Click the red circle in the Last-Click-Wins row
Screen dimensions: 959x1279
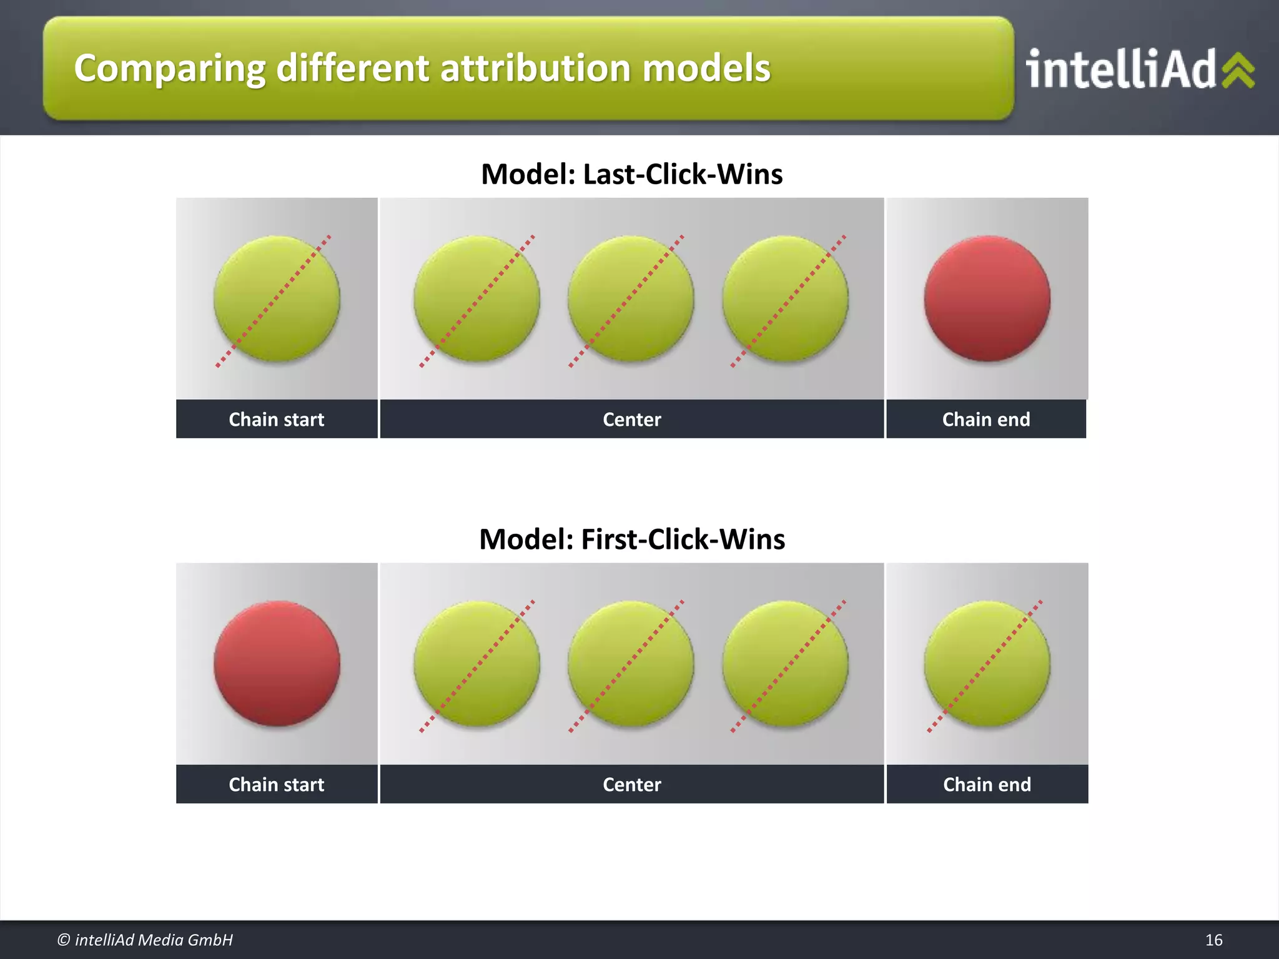[x=987, y=298]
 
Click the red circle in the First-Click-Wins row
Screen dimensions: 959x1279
[x=277, y=663]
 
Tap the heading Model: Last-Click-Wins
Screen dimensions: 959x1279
[x=631, y=174]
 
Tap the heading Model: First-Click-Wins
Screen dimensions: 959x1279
[x=631, y=539]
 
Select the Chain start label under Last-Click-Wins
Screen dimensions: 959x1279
[x=276, y=420]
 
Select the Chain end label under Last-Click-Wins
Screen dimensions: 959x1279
[x=985, y=420]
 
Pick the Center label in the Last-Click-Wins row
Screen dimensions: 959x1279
[x=631, y=420]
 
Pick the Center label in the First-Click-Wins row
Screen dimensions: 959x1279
[x=631, y=785]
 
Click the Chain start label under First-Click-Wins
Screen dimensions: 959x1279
[x=276, y=785]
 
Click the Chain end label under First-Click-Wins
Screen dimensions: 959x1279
[x=987, y=785]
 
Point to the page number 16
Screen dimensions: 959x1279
[x=1213, y=940]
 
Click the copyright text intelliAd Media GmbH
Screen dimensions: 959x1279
[x=145, y=940]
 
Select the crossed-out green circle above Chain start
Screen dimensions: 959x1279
[x=277, y=298]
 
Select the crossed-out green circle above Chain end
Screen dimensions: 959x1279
[x=987, y=663]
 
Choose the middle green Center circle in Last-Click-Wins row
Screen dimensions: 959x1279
[x=630, y=298]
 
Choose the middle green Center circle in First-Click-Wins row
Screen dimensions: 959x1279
[x=630, y=663]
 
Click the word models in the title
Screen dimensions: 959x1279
[x=706, y=68]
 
